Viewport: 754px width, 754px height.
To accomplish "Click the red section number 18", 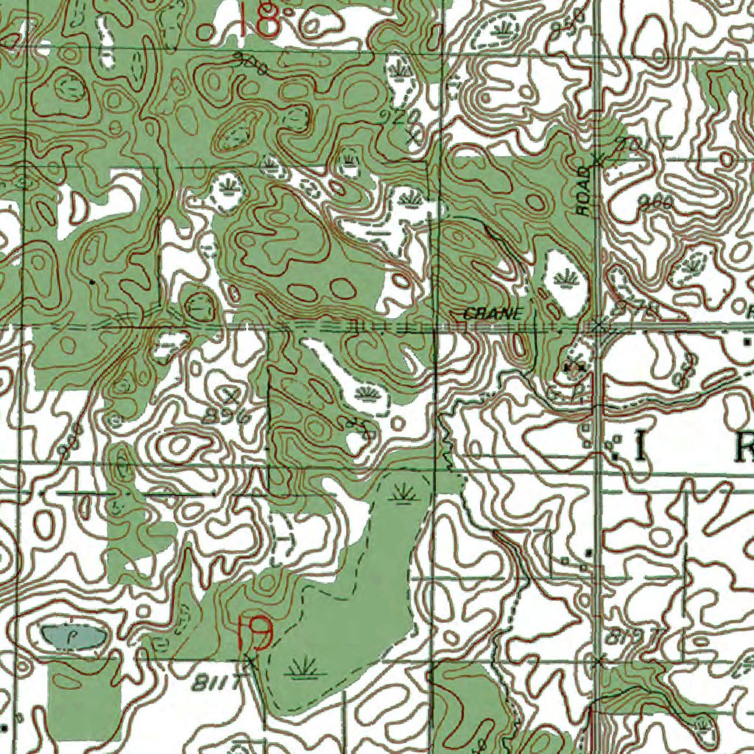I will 259,20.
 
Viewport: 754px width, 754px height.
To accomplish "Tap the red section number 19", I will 255,632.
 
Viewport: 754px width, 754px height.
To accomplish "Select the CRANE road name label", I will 493,314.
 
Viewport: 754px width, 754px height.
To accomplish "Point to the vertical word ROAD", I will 584,191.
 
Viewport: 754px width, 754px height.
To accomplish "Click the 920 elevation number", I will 401,116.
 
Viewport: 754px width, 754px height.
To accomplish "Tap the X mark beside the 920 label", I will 416,135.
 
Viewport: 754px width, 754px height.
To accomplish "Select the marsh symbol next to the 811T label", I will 303,669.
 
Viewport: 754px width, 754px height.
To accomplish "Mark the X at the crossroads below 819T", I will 598,661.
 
